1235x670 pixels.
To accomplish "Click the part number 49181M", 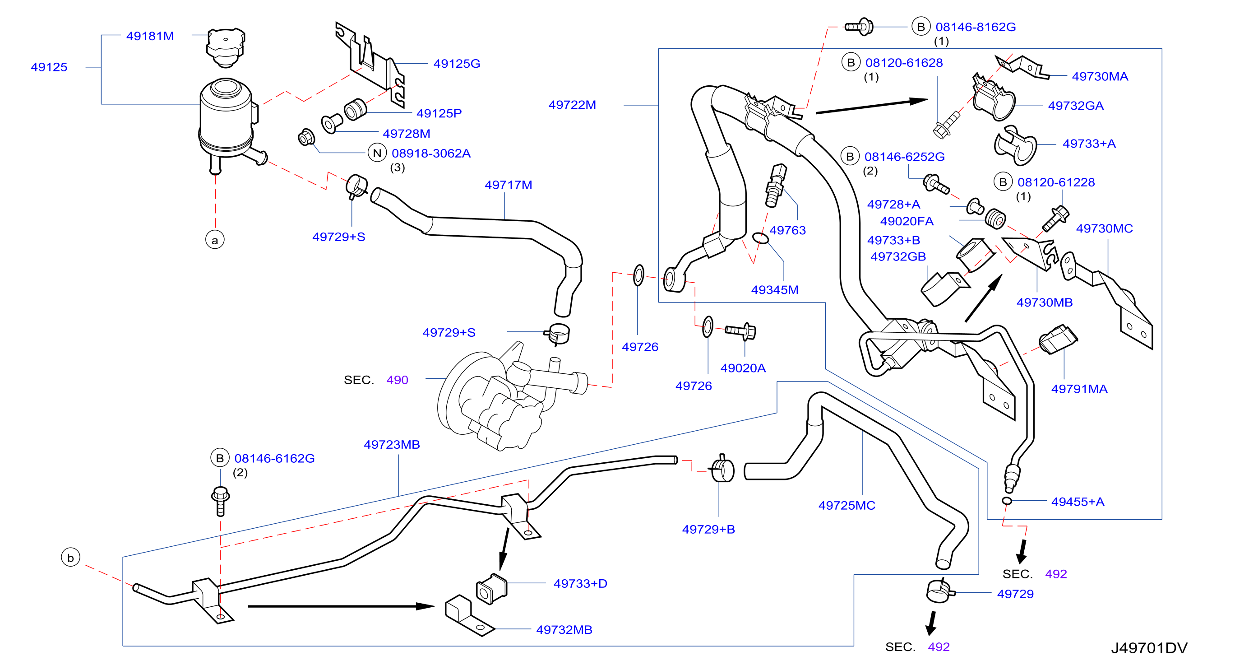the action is coord(150,36).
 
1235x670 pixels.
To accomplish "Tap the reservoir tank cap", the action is coord(225,47).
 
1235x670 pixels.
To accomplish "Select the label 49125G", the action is coord(457,63).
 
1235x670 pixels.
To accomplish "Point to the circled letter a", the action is coord(215,240).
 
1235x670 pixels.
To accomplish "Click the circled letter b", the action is coord(70,557).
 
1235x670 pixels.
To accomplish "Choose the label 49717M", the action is coord(508,185).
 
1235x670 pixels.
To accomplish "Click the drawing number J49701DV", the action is coord(1149,648).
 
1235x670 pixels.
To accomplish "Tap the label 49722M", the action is coord(572,105).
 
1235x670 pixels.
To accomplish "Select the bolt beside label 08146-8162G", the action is coord(859,27).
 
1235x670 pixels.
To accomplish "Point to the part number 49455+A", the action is coord(1077,502).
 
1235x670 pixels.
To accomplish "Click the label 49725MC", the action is coord(846,506).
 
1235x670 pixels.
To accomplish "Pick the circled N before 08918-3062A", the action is coord(377,153).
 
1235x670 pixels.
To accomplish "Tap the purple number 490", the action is coord(397,380).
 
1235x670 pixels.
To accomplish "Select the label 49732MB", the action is coord(564,630).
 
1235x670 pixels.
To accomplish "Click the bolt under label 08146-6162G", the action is coord(221,501).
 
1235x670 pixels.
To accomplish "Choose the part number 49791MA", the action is coord(1079,389).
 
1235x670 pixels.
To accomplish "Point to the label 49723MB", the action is coord(392,445).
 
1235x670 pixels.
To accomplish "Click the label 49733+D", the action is coord(580,584).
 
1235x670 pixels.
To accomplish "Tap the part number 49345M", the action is coord(774,290).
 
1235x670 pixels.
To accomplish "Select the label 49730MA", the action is coord(1100,76).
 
